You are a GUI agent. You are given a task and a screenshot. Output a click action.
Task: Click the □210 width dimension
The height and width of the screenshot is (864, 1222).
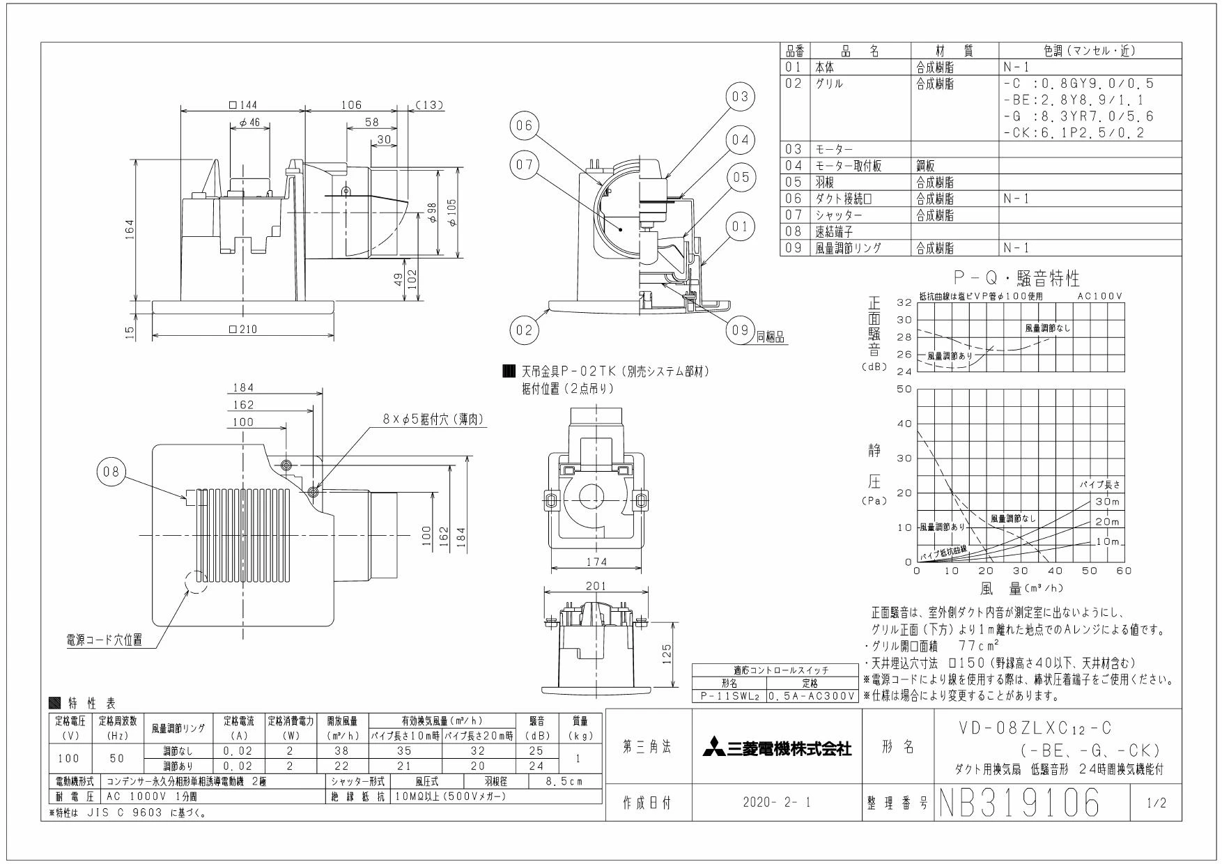point(243,330)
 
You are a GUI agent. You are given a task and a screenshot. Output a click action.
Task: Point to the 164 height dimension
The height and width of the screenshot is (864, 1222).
point(130,228)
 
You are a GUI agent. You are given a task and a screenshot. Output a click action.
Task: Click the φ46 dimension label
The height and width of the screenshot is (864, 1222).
point(249,122)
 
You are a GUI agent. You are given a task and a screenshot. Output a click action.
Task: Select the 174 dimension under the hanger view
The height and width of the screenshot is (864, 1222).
point(596,562)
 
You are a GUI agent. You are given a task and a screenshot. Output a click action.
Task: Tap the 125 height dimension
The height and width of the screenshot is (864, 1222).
point(667,653)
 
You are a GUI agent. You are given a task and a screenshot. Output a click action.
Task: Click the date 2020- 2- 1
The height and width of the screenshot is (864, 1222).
point(777,803)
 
